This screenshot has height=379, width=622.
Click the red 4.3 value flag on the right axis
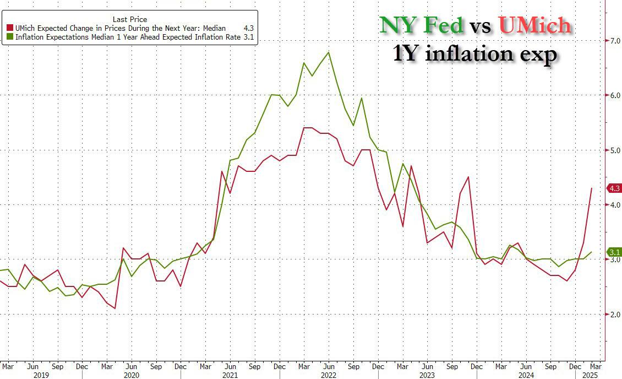click(x=614, y=188)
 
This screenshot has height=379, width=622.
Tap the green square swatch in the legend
click(x=9, y=37)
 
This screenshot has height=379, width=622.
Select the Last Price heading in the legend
click(x=129, y=19)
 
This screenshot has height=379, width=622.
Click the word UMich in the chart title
click(x=534, y=25)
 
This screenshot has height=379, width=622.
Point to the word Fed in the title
click(x=443, y=25)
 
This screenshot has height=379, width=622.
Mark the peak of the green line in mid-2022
click(x=329, y=52)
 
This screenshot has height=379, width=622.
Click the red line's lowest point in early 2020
click(x=116, y=308)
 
